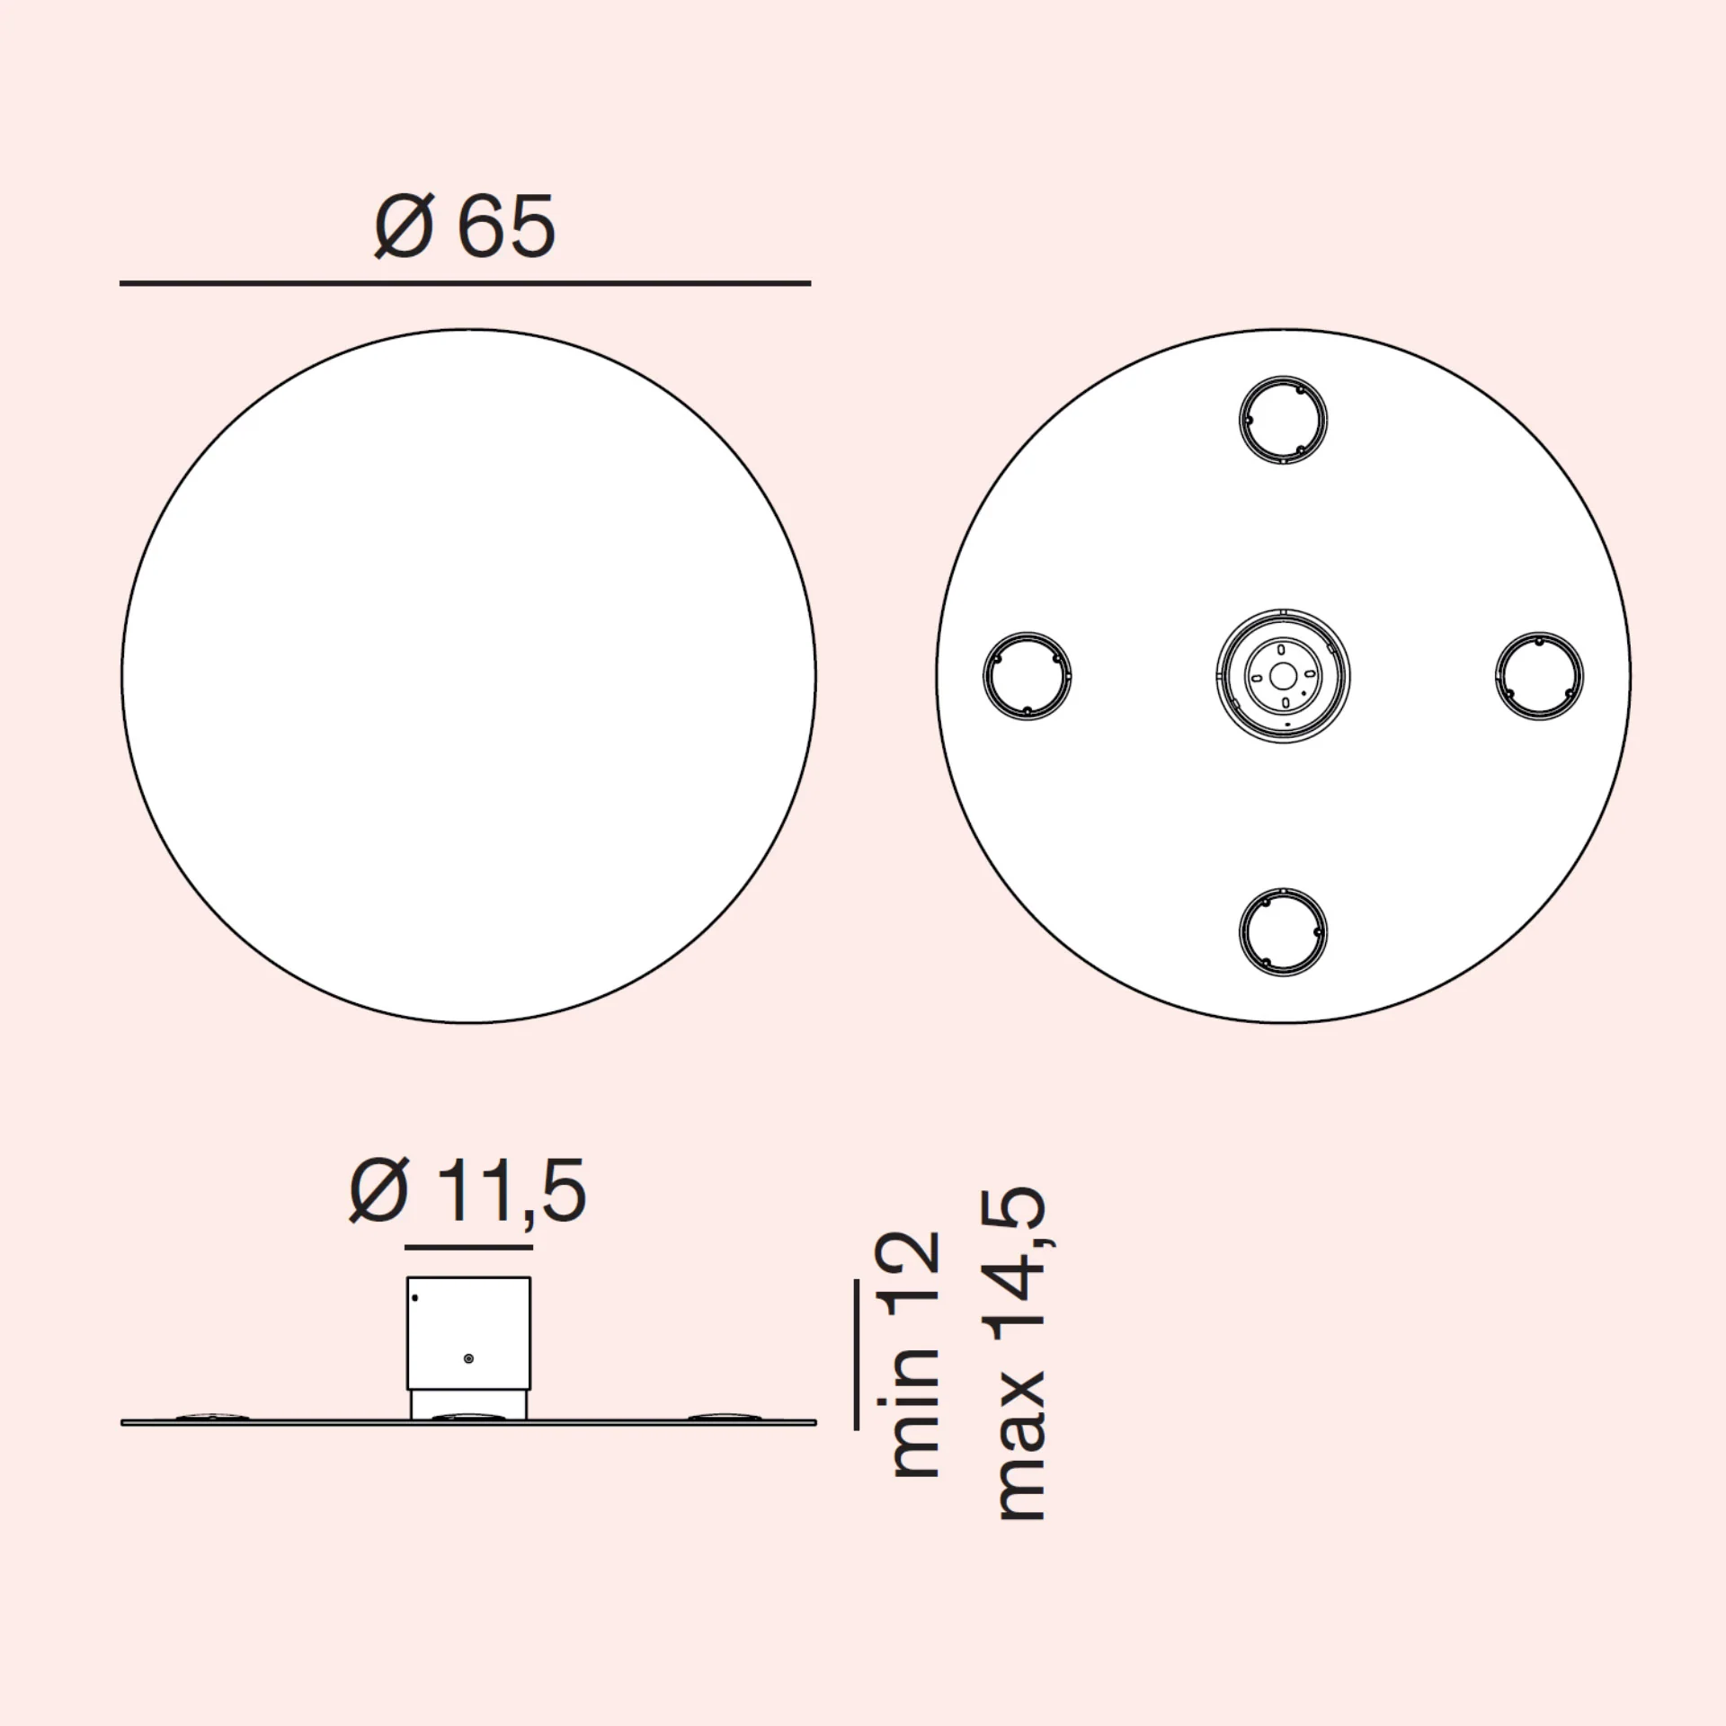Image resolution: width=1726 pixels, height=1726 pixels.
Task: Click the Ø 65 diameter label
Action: point(465,227)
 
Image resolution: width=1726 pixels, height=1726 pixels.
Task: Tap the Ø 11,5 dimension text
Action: point(467,1191)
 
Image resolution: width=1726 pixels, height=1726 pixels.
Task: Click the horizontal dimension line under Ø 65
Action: point(465,283)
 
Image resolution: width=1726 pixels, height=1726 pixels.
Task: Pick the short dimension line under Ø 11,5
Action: point(469,1247)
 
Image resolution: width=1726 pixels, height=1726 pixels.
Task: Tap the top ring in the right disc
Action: point(1283,377)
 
